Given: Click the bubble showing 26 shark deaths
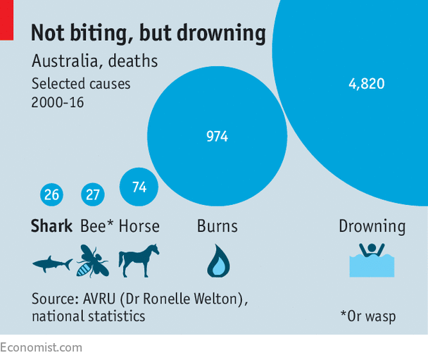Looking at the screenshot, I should click(x=51, y=194).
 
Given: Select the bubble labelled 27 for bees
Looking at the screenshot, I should click(x=92, y=194).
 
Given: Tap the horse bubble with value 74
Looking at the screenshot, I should click(x=139, y=187).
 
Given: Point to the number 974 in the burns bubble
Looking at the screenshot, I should click(x=217, y=137).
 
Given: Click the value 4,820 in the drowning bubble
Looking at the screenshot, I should click(x=366, y=84).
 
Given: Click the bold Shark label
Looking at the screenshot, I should click(x=52, y=226).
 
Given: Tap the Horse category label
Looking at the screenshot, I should click(x=139, y=226).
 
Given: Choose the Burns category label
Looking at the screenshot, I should click(x=217, y=226).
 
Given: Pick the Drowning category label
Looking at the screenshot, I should click(x=372, y=226).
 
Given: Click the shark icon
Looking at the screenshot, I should click(x=52, y=264).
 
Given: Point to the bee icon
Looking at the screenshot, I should click(x=92, y=261).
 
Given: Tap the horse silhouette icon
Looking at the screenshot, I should click(x=139, y=261).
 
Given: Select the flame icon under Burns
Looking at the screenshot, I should click(x=218, y=261).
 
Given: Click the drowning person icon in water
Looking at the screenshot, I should click(x=372, y=260).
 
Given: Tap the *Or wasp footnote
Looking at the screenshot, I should click(x=367, y=316).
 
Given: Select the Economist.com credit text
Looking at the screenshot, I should click(x=41, y=347).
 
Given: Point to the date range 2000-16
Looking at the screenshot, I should click(x=58, y=101).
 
